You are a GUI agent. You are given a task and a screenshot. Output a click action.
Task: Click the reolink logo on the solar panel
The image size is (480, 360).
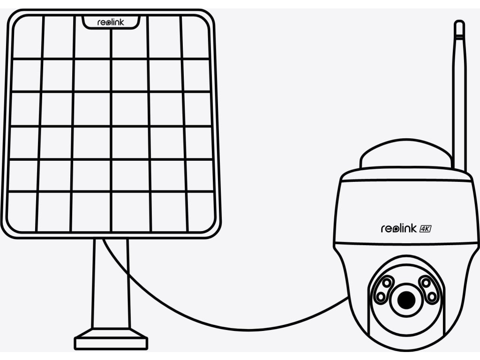click(x=111, y=22)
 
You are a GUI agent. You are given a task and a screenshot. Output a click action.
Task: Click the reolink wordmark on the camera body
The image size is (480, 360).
click(x=397, y=228)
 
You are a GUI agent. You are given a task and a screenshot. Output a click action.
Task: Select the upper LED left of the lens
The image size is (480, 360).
click(x=388, y=283)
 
